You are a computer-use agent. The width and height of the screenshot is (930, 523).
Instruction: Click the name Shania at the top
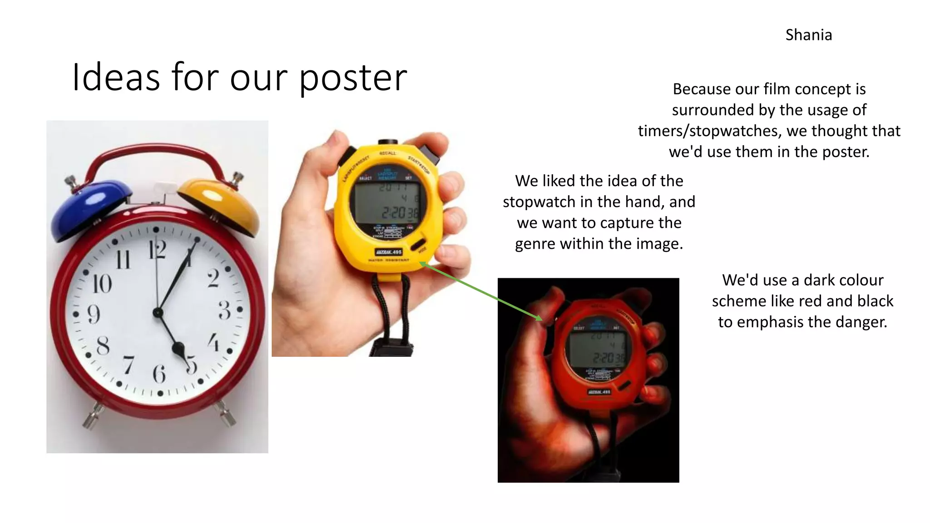(808, 35)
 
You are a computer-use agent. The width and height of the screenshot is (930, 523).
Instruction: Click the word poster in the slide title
(353, 78)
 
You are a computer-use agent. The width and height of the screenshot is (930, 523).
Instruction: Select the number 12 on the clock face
(157, 250)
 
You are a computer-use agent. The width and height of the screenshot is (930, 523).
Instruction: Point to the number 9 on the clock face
(93, 314)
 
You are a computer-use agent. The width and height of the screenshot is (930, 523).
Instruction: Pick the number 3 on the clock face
(224, 311)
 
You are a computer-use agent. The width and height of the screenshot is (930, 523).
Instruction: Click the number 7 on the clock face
(129, 365)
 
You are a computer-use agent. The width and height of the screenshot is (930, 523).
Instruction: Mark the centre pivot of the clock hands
(158, 312)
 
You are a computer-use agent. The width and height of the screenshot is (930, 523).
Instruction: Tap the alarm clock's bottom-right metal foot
(226, 413)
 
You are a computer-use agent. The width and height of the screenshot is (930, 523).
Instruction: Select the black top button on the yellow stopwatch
(387, 143)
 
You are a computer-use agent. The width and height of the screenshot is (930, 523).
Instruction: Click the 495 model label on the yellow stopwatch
(389, 252)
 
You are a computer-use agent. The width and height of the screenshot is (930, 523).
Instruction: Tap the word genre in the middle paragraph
(535, 244)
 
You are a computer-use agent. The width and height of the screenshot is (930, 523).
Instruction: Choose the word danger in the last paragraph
(862, 322)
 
